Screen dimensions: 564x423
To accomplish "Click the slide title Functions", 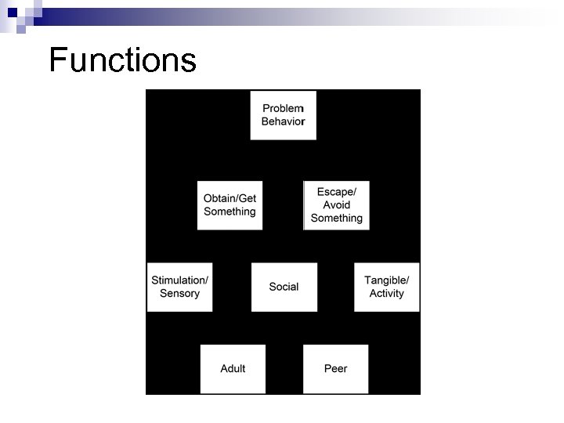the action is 122,60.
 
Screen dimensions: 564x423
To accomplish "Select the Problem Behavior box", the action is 284,115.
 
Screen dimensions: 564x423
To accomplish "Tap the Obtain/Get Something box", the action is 230,205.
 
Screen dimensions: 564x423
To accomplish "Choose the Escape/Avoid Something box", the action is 336,205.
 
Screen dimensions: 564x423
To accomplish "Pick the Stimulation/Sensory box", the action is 179,287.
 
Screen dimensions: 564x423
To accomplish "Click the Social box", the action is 284,287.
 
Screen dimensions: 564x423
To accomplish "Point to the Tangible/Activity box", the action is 386,287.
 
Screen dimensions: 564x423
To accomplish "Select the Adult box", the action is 233,368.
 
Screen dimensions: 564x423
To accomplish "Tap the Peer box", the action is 335,368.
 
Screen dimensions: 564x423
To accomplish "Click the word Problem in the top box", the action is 284,108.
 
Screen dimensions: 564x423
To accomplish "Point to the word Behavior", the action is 284,122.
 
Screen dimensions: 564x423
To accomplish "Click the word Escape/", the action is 336,192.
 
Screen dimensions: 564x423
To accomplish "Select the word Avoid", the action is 336,205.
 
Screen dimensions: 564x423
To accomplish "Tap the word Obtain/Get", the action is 230,198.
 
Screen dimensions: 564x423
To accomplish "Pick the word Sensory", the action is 179,294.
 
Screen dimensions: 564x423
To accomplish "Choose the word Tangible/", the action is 386,280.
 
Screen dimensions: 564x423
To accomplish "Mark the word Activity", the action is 386,294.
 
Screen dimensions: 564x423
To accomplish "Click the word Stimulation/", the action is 179,280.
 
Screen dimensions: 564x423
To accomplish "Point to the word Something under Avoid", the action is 336,219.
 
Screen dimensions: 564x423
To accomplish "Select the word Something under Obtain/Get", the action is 230,212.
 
